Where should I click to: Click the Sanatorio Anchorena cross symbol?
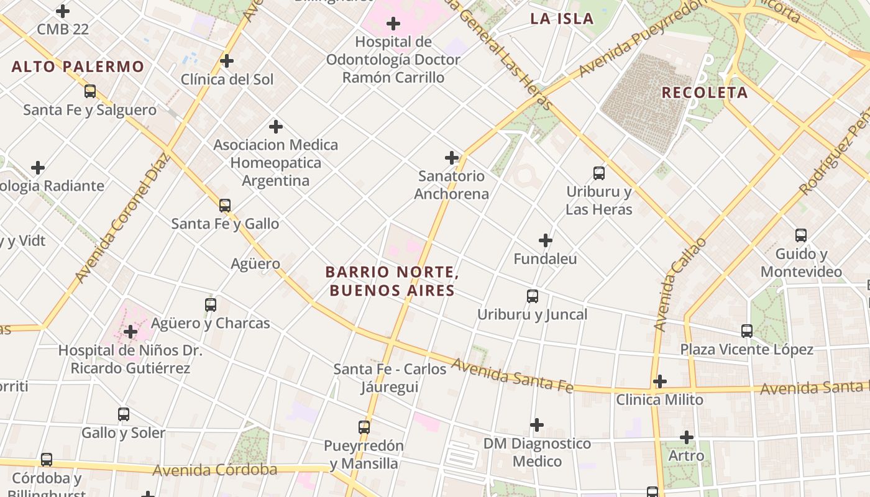pyautogui.click(x=452, y=158)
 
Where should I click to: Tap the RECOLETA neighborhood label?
pyautogui.click(x=704, y=93)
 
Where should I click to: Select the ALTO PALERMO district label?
pyautogui.click(x=78, y=66)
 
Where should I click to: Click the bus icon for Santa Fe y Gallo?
pyautogui.click(x=225, y=206)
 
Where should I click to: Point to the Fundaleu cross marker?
pyautogui.click(x=546, y=240)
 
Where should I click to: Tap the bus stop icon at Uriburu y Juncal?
pyautogui.click(x=533, y=296)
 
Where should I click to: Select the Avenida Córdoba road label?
pyautogui.click(x=215, y=470)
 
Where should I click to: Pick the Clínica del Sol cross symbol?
pyautogui.click(x=227, y=61)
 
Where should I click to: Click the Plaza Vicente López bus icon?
pyautogui.click(x=747, y=331)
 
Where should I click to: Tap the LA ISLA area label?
pyautogui.click(x=562, y=19)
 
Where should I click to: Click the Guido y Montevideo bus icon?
pyautogui.click(x=801, y=235)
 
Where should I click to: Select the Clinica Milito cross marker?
pyautogui.click(x=660, y=381)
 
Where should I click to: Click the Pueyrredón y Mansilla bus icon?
pyautogui.click(x=364, y=427)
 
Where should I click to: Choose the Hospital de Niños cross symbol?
pyautogui.click(x=130, y=332)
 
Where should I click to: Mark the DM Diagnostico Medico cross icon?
pyautogui.click(x=537, y=425)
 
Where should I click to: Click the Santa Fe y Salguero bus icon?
pyautogui.click(x=90, y=91)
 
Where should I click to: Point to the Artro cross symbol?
pyautogui.click(x=687, y=437)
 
